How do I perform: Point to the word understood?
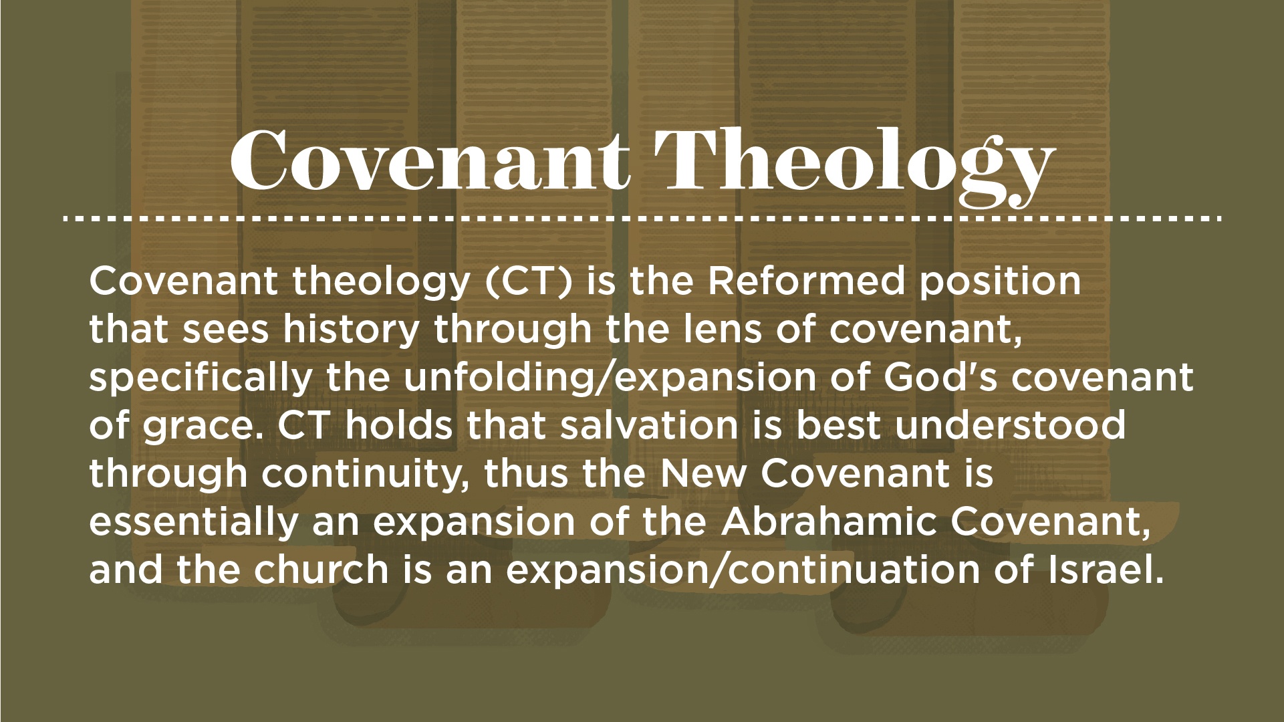(x=1011, y=426)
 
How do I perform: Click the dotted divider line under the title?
(x=642, y=219)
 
